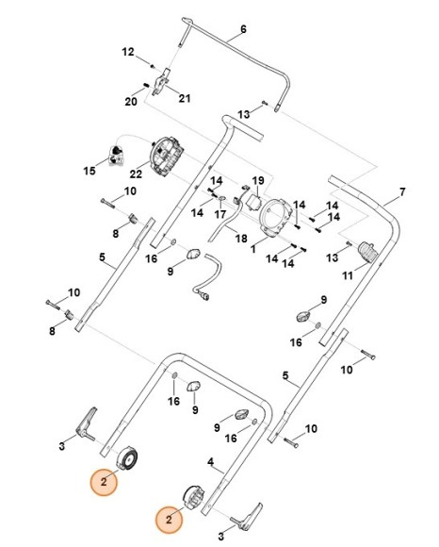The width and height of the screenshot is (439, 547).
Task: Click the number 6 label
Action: pyautogui.click(x=243, y=29)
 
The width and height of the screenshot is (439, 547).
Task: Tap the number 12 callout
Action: pyautogui.click(x=128, y=52)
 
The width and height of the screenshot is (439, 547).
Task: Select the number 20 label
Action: pyautogui.click(x=132, y=99)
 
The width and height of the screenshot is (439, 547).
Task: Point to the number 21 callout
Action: pyautogui.click(x=185, y=98)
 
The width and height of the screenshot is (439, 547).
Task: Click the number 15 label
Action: pyautogui.click(x=90, y=171)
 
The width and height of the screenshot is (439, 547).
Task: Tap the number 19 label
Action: pyautogui.click(x=257, y=180)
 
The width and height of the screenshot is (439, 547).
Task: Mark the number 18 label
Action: pyautogui.click(x=240, y=240)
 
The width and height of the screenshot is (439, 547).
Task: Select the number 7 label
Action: pyautogui.click(x=402, y=192)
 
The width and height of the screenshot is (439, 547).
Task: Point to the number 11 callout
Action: pyautogui.click(x=347, y=276)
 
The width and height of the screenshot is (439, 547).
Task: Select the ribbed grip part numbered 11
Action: pyautogui.click(x=367, y=252)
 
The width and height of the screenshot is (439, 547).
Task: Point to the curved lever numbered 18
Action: pyautogui.click(x=223, y=223)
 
